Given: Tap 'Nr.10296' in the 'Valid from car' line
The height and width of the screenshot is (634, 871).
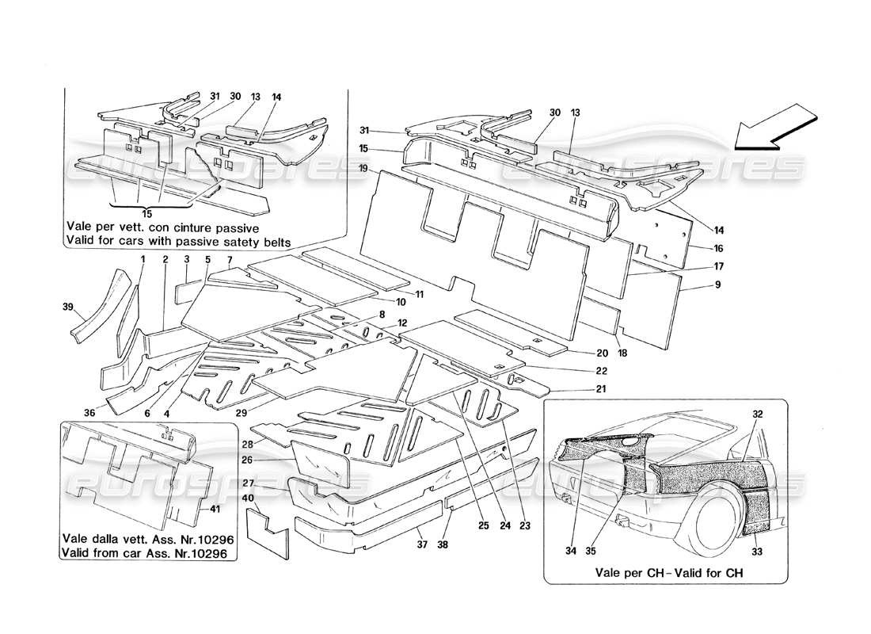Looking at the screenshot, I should click(207, 555).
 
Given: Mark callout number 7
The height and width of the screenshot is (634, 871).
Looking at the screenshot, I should click(230, 259).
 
